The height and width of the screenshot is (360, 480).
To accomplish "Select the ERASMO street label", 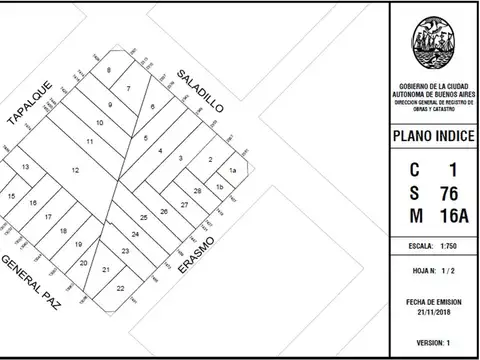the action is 197,258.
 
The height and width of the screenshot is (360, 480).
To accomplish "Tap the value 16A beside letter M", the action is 447,216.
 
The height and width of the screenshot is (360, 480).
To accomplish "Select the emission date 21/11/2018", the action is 431,313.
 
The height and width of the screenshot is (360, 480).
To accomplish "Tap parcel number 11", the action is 90,142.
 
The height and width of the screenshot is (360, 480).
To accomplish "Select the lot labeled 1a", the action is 231,171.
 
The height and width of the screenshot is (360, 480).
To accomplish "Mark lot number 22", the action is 120,287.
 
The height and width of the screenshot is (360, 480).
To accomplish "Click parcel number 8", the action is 108,70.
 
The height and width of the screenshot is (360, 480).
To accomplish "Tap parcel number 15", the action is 11,196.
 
